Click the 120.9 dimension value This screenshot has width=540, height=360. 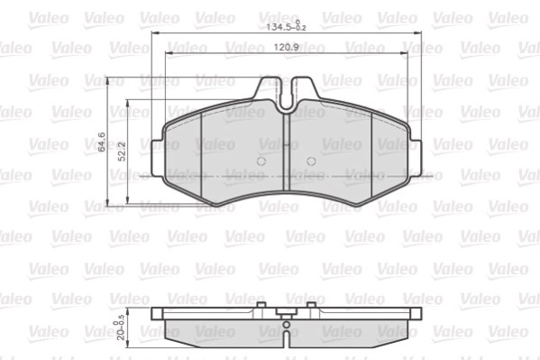[x=286, y=47]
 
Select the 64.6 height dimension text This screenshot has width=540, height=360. [x=102, y=142]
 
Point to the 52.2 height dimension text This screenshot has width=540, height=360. [x=122, y=152]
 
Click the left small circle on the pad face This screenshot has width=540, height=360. [x=261, y=161]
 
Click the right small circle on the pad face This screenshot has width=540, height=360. [x=311, y=161]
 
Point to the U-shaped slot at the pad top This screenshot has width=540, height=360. [x=286, y=95]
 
